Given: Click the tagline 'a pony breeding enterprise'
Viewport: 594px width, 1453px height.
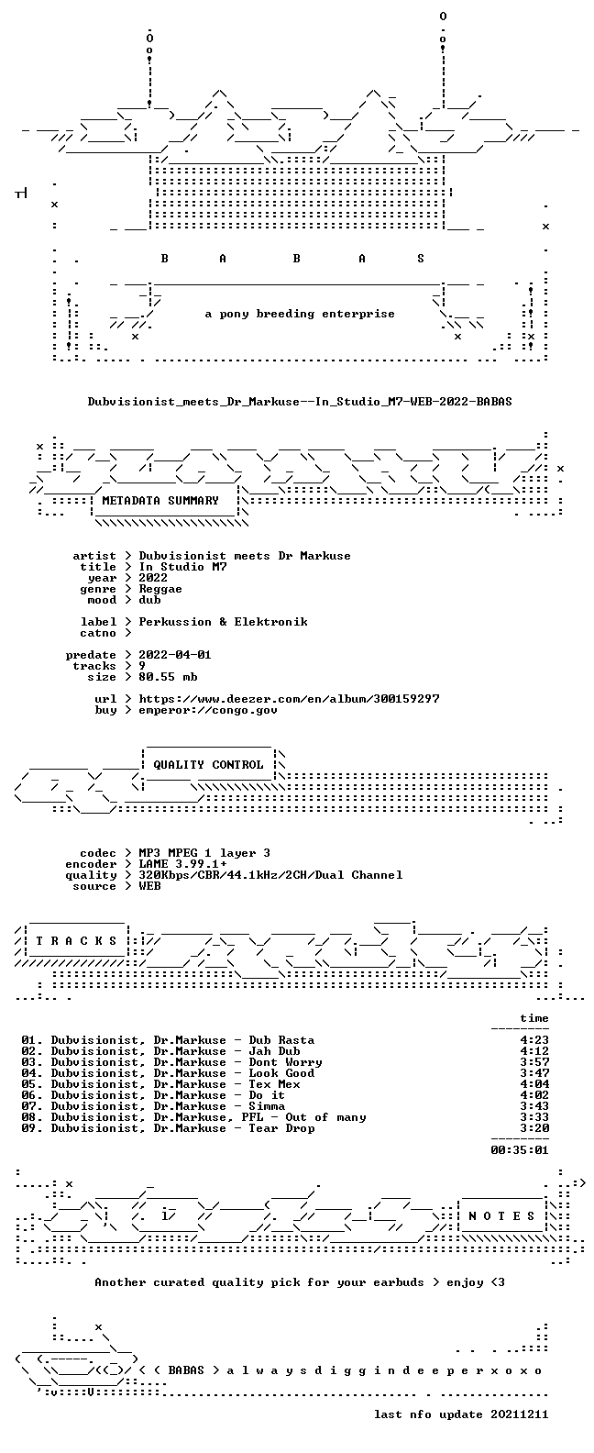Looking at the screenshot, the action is (x=300, y=314).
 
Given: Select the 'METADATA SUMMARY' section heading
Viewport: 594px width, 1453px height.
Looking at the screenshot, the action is (x=160, y=501).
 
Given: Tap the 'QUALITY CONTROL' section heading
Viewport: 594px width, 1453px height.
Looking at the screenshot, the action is (x=208, y=765).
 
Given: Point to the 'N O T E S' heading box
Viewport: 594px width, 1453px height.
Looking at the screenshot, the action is (x=502, y=1216).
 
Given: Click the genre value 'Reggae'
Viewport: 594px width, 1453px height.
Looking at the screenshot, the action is (x=160, y=589).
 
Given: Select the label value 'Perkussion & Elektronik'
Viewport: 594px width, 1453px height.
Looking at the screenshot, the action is (x=223, y=622).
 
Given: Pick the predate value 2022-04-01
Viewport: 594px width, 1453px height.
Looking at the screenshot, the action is (x=175, y=655).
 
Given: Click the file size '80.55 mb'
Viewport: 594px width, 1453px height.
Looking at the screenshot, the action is (x=168, y=677).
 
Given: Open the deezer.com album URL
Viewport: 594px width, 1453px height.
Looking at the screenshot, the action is (x=290, y=699).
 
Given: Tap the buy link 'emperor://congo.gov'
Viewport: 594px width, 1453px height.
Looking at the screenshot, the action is (x=208, y=710).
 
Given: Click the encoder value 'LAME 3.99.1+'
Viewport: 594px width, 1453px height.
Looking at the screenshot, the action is (x=182, y=864).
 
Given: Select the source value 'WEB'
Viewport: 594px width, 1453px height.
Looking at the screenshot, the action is (x=149, y=886).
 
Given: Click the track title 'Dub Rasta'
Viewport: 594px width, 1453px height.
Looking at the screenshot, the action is (x=281, y=1040).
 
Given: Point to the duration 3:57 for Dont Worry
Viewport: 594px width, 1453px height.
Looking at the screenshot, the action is (x=534, y=1062).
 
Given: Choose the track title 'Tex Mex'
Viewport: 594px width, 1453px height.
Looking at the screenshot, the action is (x=274, y=1084).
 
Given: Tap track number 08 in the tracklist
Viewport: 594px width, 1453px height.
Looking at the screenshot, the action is (x=28, y=1117).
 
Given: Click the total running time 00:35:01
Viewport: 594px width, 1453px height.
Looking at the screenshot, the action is (x=520, y=1150).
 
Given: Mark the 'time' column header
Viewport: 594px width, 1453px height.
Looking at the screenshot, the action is (x=534, y=1018).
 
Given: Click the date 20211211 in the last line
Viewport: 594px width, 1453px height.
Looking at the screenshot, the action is (x=520, y=1414).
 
